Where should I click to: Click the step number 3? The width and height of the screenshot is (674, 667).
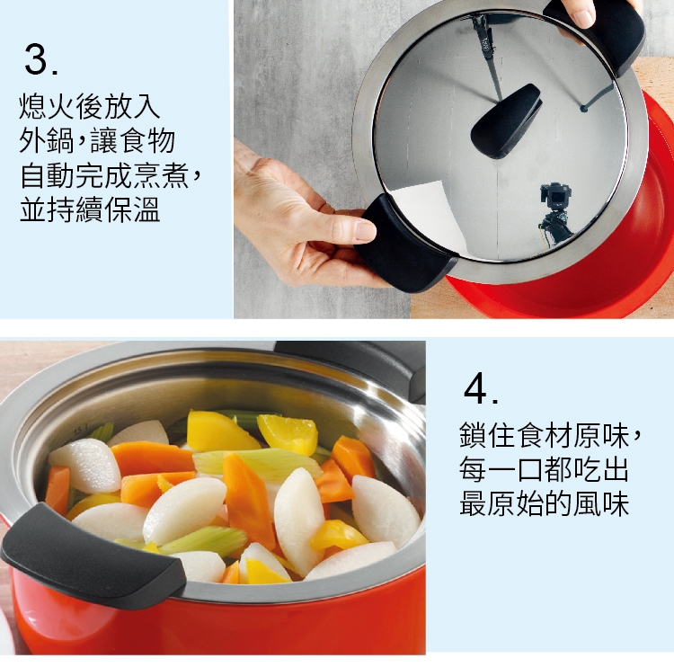40,59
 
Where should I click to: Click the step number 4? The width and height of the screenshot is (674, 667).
481,388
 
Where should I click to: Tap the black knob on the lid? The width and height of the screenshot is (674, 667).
506,120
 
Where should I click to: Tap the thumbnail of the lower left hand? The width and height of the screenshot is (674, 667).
366,230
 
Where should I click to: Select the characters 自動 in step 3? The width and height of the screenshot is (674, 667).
48,175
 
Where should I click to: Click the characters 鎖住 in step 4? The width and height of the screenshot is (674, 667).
487,435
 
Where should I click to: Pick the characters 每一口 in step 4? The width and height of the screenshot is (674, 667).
501,469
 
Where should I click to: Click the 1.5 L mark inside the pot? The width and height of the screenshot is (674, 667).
81,428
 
